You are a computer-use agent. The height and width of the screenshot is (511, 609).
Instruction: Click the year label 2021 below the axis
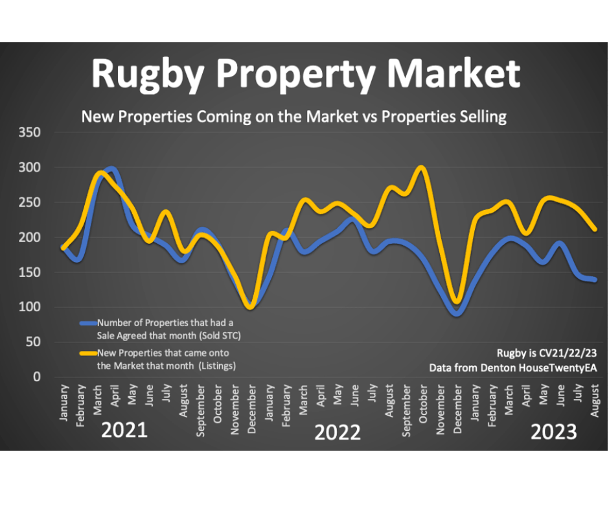[x=124, y=431]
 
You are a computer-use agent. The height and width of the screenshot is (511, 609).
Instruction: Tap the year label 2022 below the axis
[x=337, y=433]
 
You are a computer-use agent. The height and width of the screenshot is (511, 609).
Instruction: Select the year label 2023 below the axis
[x=554, y=432]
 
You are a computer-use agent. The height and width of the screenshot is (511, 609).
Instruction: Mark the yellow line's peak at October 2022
[x=422, y=167]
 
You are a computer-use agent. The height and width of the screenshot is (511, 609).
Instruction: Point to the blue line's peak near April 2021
[x=112, y=169]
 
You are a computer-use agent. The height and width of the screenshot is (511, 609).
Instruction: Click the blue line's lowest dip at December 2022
[x=457, y=313]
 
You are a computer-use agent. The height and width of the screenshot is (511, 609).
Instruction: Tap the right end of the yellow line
[x=594, y=229]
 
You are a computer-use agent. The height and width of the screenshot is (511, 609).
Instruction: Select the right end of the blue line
[x=594, y=279]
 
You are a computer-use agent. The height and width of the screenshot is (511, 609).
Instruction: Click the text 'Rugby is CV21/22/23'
[x=546, y=353]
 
